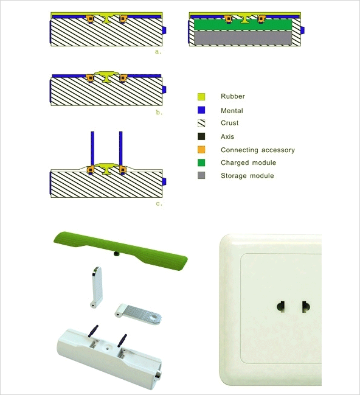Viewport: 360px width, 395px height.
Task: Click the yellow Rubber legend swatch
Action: tap(201, 97)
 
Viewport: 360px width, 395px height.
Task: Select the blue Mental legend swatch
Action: tap(201, 110)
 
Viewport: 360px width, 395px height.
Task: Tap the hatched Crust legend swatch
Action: tap(201, 123)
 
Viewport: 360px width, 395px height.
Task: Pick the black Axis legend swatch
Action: tap(201, 136)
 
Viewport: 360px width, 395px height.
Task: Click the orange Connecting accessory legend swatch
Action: tap(201, 150)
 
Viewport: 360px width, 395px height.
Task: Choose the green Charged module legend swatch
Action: tap(201, 163)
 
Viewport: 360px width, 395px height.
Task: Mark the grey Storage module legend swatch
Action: tap(201, 175)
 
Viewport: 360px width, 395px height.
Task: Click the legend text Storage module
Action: tap(247, 175)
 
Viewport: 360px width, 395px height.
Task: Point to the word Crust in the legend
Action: tap(230, 123)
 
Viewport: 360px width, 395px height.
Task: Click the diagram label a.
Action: tap(158, 52)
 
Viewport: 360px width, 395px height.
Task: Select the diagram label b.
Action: tap(159, 113)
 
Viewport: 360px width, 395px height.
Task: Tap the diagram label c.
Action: tap(159, 203)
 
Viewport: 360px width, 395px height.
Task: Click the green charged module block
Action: tap(243, 25)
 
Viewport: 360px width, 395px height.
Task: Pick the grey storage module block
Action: tap(243, 38)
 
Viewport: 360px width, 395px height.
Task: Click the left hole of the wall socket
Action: tap(281, 307)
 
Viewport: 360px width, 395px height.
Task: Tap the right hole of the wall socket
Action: tap(306, 307)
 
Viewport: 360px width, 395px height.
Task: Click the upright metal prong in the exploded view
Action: tap(97, 287)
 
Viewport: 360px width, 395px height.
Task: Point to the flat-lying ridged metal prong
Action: tap(139, 313)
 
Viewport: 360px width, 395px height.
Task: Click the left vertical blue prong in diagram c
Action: tap(92, 149)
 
